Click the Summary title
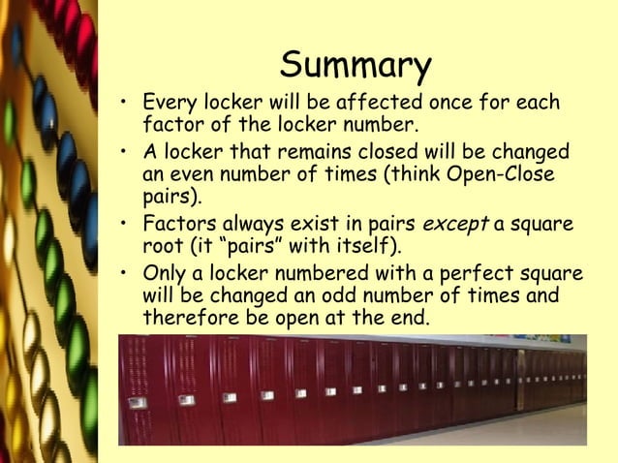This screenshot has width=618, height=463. tap(355, 66)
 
